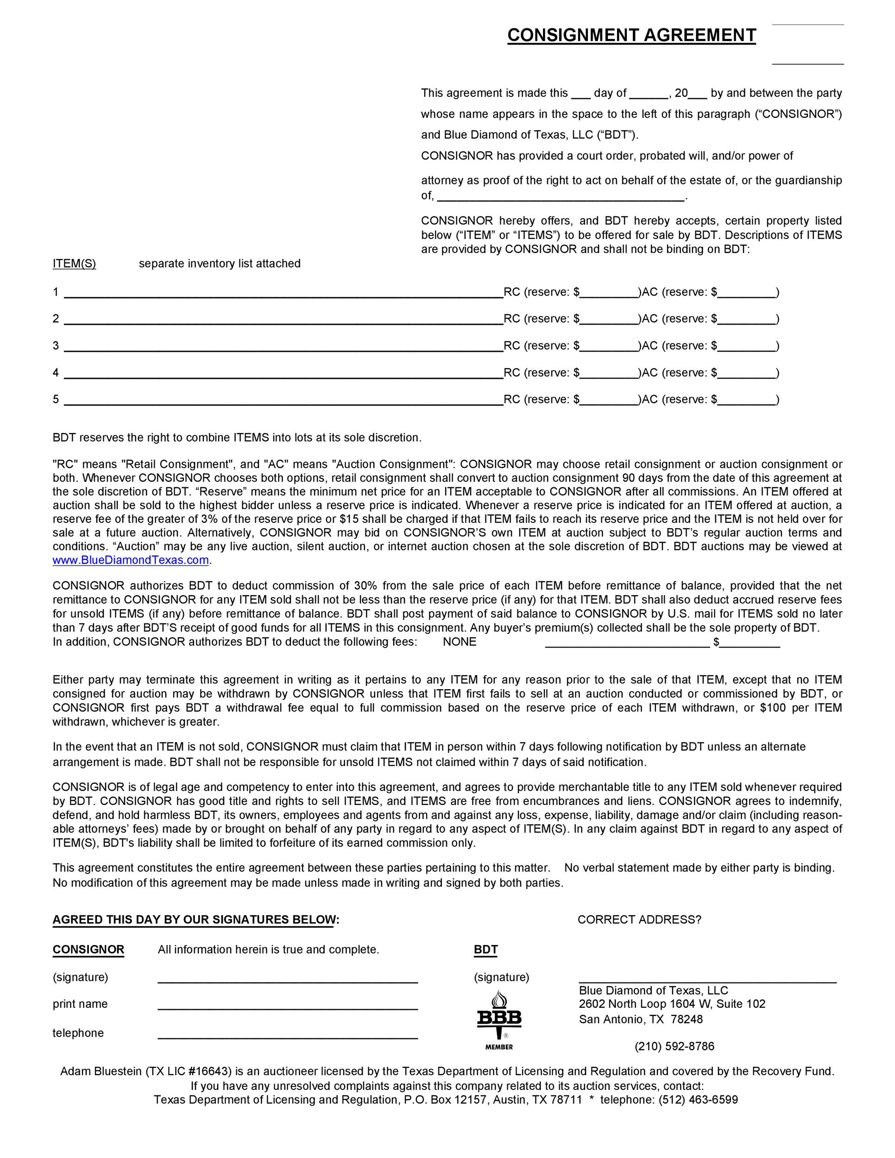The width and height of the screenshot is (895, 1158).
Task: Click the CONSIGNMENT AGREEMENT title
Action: point(631,35)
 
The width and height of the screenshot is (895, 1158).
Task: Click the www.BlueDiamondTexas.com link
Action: point(131,560)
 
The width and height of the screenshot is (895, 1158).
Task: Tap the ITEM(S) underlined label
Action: point(74,264)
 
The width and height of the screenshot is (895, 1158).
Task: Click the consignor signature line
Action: point(287,979)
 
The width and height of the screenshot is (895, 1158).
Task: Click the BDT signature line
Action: point(707,979)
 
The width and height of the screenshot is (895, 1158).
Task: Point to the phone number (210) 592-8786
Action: point(674,1046)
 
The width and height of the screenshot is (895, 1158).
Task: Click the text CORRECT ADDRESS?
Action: point(639,919)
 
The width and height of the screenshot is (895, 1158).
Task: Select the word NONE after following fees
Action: point(459,642)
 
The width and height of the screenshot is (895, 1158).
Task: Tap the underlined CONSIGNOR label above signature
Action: point(88,949)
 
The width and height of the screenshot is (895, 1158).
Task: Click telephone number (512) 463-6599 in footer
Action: point(698,1099)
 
